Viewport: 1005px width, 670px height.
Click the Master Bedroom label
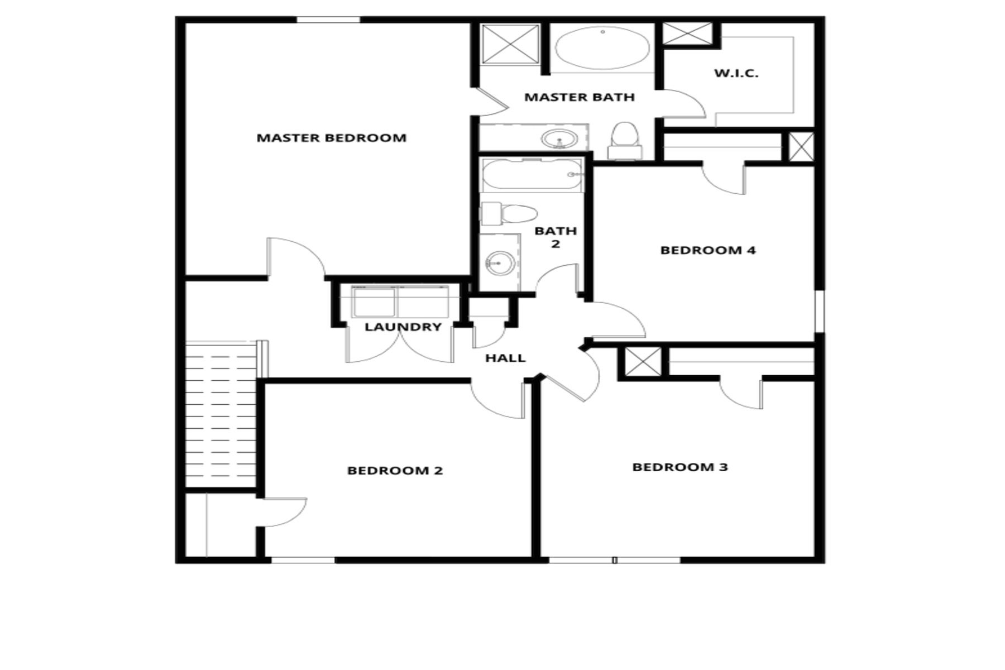(x=332, y=138)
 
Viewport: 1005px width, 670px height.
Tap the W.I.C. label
(x=736, y=73)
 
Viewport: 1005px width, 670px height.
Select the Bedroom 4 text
(x=708, y=250)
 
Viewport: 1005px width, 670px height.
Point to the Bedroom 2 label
(x=395, y=471)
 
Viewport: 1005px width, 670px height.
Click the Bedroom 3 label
(x=680, y=467)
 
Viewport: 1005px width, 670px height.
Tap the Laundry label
(x=403, y=327)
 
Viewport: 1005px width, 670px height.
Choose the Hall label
(x=505, y=358)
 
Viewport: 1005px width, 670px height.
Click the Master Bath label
(x=580, y=97)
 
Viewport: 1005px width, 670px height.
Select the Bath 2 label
(x=556, y=237)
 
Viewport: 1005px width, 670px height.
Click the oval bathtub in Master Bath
(x=603, y=48)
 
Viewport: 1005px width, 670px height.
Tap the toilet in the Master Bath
(x=625, y=141)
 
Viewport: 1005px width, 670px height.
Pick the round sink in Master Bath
(x=559, y=138)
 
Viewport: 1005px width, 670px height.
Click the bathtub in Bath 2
(x=532, y=175)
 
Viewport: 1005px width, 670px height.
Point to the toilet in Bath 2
(x=509, y=213)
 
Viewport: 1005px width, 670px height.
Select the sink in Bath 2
(x=500, y=263)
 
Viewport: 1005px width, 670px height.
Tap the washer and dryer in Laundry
(x=400, y=301)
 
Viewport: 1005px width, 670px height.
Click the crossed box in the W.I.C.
(x=687, y=33)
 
